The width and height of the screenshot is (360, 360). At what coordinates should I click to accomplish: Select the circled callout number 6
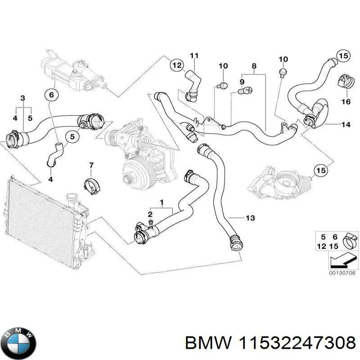coord(51,95)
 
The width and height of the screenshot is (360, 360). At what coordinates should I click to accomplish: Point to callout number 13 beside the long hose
coord(250,218)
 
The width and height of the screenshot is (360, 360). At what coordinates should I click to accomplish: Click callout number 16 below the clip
coord(345,102)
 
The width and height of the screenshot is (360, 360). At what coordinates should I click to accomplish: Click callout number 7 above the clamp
coord(90,165)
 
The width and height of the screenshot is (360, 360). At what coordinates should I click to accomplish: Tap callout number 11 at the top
coord(193,56)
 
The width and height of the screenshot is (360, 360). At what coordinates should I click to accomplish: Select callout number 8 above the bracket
coord(254,66)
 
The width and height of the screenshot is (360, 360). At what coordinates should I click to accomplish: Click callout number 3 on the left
coord(22,98)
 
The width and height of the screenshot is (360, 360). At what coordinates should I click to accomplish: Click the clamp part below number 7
coord(92,186)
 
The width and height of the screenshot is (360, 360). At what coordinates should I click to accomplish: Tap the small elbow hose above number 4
coord(54,153)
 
